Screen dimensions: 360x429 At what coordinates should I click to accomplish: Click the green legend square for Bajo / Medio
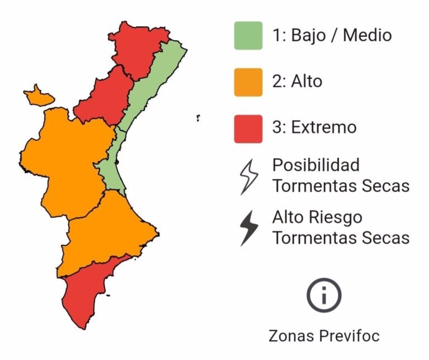pos(248,36)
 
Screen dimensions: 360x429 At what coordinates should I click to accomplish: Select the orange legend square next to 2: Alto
pos(248,82)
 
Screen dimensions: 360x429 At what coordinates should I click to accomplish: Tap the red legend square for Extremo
pos(248,128)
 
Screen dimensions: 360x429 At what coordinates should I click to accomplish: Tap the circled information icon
pos(323,295)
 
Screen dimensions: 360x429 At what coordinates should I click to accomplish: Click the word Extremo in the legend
pos(323,127)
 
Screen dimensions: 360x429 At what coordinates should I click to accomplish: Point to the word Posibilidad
pos(316,166)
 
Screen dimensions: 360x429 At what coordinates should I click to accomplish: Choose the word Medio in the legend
pos(367,36)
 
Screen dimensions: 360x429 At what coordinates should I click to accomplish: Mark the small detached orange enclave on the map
pos(39,96)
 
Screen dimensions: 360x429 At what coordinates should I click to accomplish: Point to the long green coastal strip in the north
pos(156,84)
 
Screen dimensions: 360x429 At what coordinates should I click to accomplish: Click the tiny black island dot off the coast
pos(198,118)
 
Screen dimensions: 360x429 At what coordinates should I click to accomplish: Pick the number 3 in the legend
pos(277,127)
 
